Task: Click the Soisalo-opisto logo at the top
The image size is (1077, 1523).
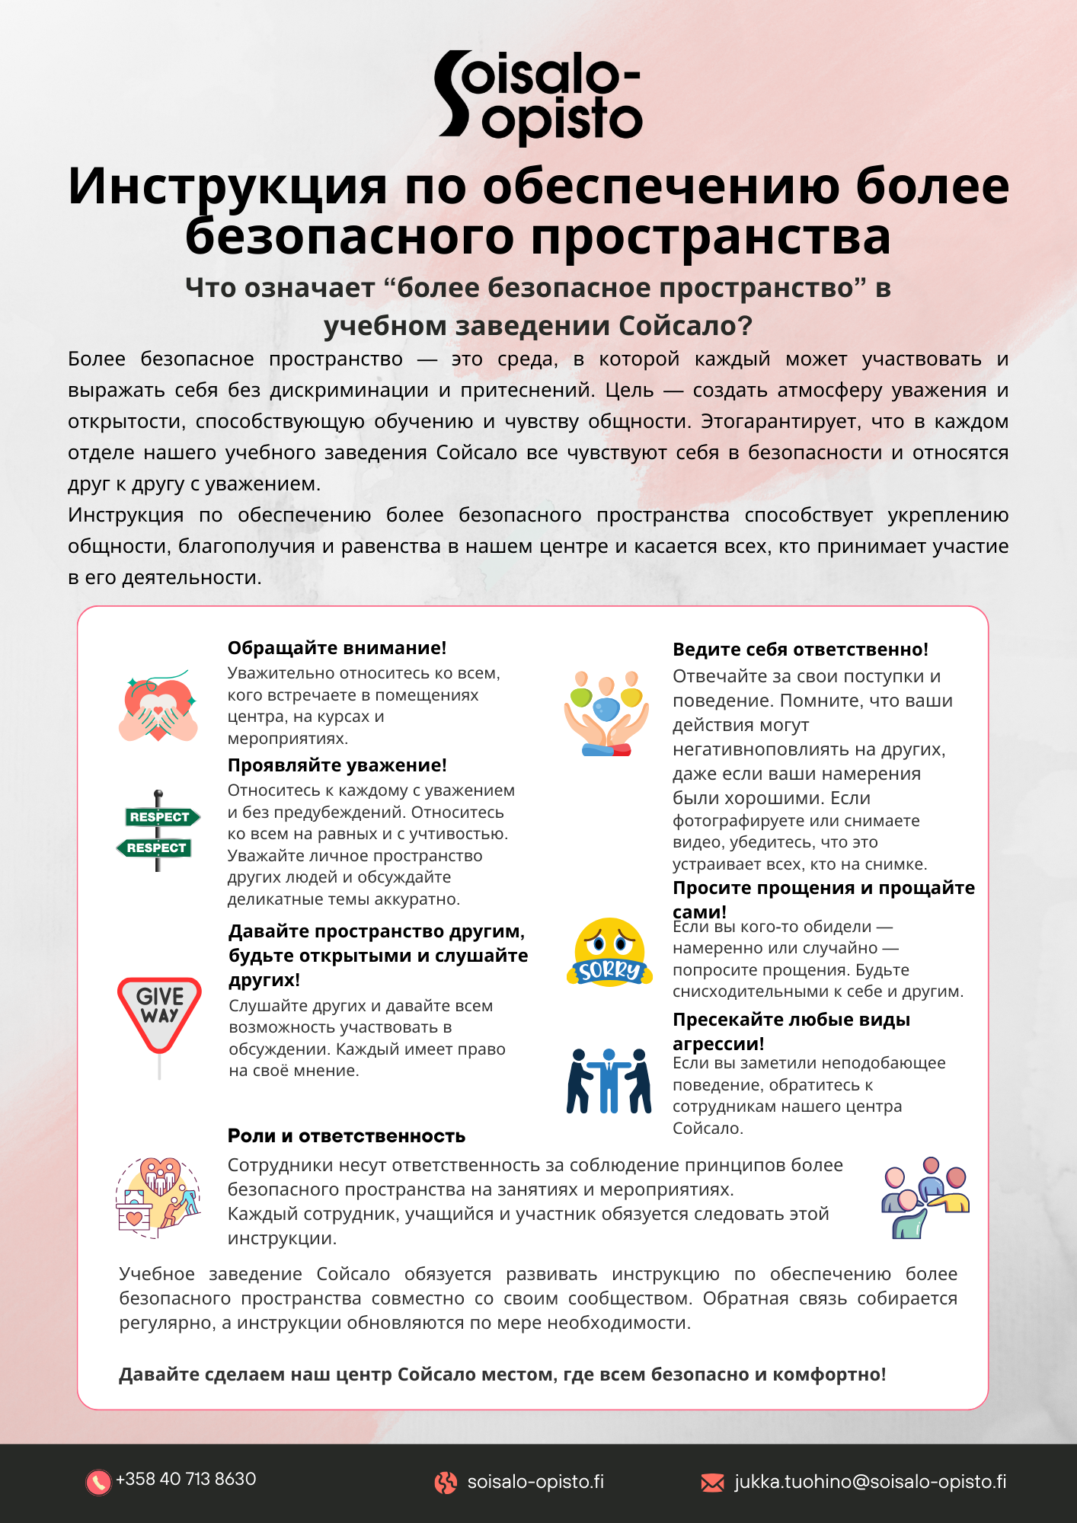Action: click(x=538, y=97)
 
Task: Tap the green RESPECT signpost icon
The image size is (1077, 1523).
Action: click(x=158, y=832)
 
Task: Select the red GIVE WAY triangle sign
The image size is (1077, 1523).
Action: click(x=159, y=1014)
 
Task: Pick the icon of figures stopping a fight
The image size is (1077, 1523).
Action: click(x=609, y=1081)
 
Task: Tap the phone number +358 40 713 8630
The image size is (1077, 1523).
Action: click(x=186, y=1479)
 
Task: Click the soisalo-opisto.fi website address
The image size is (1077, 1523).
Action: click(x=535, y=1481)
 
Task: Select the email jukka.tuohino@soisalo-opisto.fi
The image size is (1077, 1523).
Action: click(x=870, y=1481)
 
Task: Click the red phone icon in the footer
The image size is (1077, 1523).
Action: click(x=98, y=1481)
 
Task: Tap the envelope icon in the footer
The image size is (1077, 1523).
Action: click(x=712, y=1482)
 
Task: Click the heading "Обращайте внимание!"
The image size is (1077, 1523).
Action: click(x=337, y=648)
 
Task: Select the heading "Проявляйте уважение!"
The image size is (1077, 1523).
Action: click(x=337, y=765)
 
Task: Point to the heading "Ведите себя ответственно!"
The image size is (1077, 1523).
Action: click(x=800, y=650)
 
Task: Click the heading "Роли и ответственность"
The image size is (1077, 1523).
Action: click(x=347, y=1136)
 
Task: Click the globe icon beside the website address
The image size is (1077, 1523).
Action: click(x=446, y=1482)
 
